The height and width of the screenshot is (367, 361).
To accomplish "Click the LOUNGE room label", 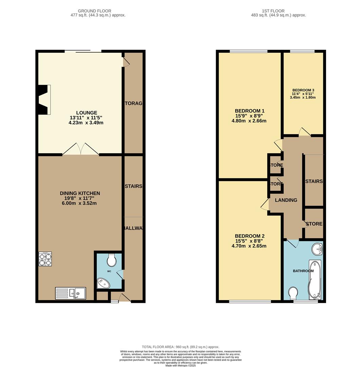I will (x=86, y=113).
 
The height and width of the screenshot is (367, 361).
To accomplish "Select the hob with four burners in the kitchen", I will (x=45, y=259).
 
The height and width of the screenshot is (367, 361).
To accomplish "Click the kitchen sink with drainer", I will (x=71, y=293).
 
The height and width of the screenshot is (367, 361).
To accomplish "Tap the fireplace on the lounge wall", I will (x=44, y=100).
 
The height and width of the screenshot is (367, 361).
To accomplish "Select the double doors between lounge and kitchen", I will (x=81, y=150).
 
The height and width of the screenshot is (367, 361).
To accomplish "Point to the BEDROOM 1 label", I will (x=249, y=111).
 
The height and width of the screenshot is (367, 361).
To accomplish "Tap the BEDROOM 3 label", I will (x=303, y=90).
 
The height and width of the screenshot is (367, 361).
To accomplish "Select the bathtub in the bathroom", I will (x=314, y=281).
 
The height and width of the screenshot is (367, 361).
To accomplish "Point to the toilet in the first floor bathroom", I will (x=293, y=293).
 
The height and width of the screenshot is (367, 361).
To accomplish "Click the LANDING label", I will (x=286, y=200).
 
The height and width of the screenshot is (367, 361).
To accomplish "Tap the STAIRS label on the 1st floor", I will (x=314, y=181).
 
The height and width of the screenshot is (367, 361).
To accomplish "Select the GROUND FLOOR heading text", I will (x=94, y=11).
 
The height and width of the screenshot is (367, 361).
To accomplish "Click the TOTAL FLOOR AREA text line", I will (x=180, y=347).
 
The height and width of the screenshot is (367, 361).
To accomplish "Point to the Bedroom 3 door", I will (x=304, y=132).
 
